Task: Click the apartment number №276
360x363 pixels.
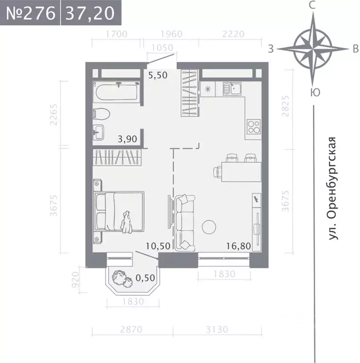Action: point(30,13)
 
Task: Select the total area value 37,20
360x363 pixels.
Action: point(90,13)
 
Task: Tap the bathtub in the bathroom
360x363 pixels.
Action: point(116,92)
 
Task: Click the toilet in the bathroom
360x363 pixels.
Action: point(102,113)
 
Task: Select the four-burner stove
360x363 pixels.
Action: point(254,126)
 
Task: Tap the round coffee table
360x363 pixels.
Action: point(210,227)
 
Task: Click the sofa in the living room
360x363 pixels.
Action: point(185,223)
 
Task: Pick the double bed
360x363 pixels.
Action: point(119,211)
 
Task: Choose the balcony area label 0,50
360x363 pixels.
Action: point(146,278)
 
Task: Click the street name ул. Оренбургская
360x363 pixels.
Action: point(334,188)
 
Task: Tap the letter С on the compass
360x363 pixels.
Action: point(312,6)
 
